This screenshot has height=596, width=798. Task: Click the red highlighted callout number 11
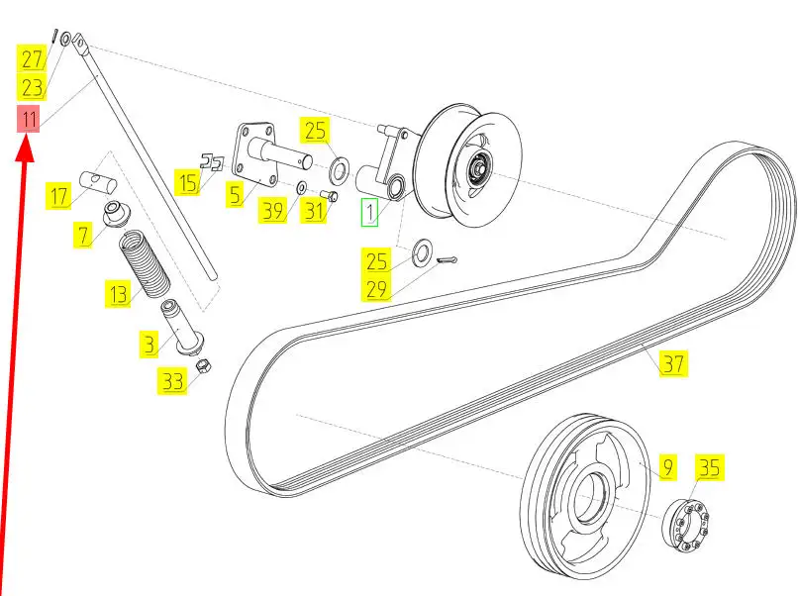31,121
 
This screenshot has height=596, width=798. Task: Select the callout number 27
34,58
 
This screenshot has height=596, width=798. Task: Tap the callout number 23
34,86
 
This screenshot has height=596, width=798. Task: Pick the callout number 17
58,196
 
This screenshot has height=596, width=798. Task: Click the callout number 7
81,234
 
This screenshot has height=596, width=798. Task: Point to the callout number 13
119,293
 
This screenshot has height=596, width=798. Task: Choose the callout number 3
149,344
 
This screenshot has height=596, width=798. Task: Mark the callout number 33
173,381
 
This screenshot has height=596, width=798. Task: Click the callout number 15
187,182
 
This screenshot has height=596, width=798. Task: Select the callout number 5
235,195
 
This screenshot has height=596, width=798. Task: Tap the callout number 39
272,210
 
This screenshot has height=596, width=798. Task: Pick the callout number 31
314,210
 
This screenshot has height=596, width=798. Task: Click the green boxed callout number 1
369,212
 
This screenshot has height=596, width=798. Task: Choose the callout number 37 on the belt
673,363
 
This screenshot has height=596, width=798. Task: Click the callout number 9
667,465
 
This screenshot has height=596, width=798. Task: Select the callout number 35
709,465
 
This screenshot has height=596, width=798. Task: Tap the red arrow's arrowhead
27,150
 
